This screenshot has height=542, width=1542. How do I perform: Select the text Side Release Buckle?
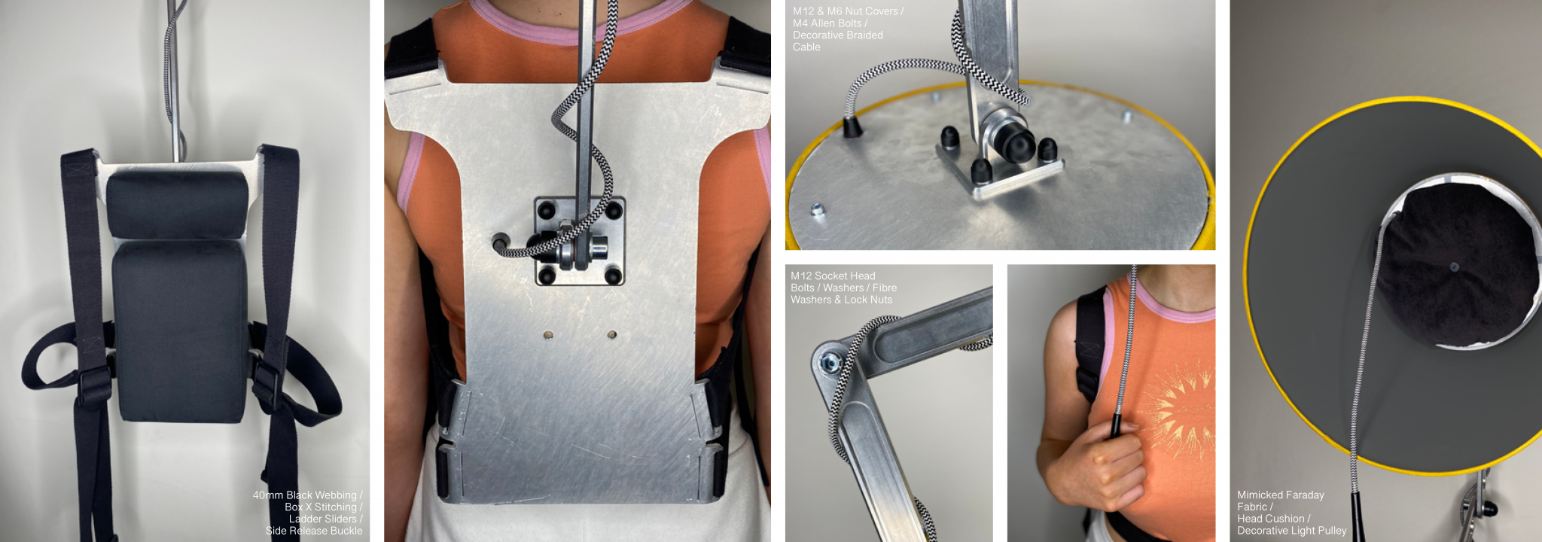[314, 531]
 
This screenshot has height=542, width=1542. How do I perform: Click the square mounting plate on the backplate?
[580, 241]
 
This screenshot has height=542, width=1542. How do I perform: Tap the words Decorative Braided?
[838, 35]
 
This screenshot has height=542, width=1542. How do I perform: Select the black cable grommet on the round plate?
[851, 126]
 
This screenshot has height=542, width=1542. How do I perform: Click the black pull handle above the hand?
[1117, 424]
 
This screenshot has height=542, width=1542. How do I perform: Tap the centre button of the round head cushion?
[1454, 266]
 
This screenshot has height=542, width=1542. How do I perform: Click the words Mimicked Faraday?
[1280, 495]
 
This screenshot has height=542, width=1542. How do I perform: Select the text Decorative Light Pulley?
[1291, 531]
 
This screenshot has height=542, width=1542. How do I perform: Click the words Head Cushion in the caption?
[1270, 519]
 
